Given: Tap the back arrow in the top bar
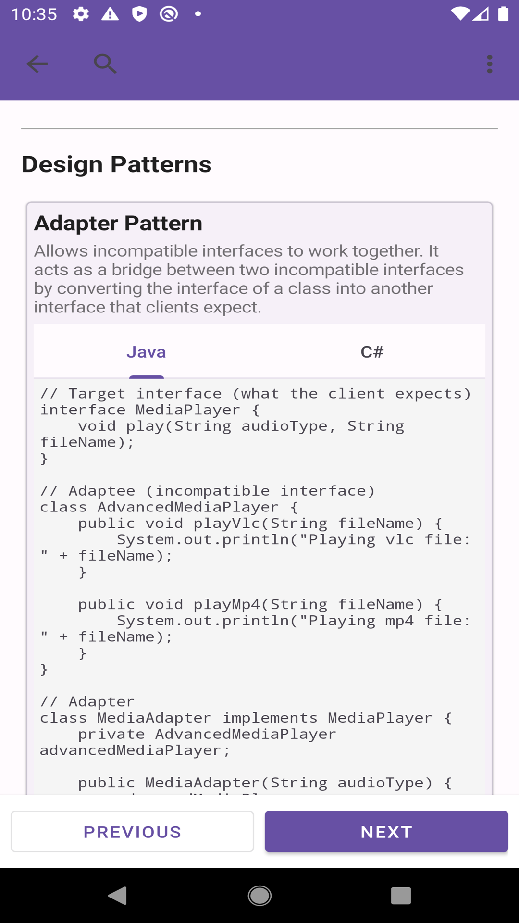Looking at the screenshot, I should pos(37,64).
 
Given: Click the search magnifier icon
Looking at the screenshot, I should pos(105,63).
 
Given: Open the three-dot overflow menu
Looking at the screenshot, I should pos(489,64).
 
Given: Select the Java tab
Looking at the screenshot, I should pos(146,352).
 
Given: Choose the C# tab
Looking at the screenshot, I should pos(372,352).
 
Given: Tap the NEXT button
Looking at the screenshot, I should pos(386,832).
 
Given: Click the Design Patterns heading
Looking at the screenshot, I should pos(116,164).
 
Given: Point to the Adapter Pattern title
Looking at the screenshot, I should pos(118,224).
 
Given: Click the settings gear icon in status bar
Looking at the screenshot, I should pos(81,14).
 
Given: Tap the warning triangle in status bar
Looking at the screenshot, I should pos(110,14).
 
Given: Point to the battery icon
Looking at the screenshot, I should pos(503,13).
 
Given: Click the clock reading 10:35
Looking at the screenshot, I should pos(34,14).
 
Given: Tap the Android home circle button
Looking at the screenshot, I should pos(259,896).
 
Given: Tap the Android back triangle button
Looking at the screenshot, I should pos(118,896).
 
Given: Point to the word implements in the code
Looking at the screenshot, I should pos(270,718).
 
